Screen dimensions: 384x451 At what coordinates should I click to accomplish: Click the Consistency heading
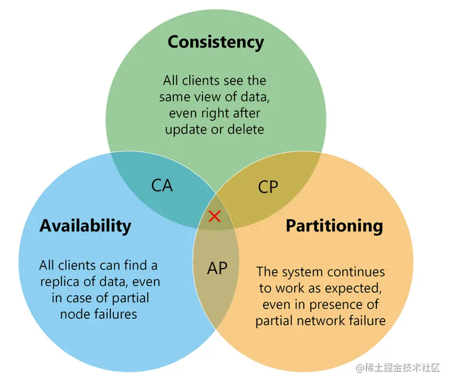[215, 42]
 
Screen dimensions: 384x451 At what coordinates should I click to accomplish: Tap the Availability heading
[85, 226]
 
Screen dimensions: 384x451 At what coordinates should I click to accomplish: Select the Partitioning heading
[334, 226]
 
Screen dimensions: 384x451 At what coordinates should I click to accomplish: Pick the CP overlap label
[268, 187]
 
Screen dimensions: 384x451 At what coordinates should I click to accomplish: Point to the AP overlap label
[217, 268]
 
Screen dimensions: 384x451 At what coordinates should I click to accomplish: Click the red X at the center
[214, 216]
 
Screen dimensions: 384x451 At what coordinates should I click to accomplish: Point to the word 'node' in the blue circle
[73, 314]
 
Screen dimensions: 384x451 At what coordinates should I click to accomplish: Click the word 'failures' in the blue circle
[112, 314]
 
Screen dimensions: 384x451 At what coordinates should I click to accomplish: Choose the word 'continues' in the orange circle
[357, 271]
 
